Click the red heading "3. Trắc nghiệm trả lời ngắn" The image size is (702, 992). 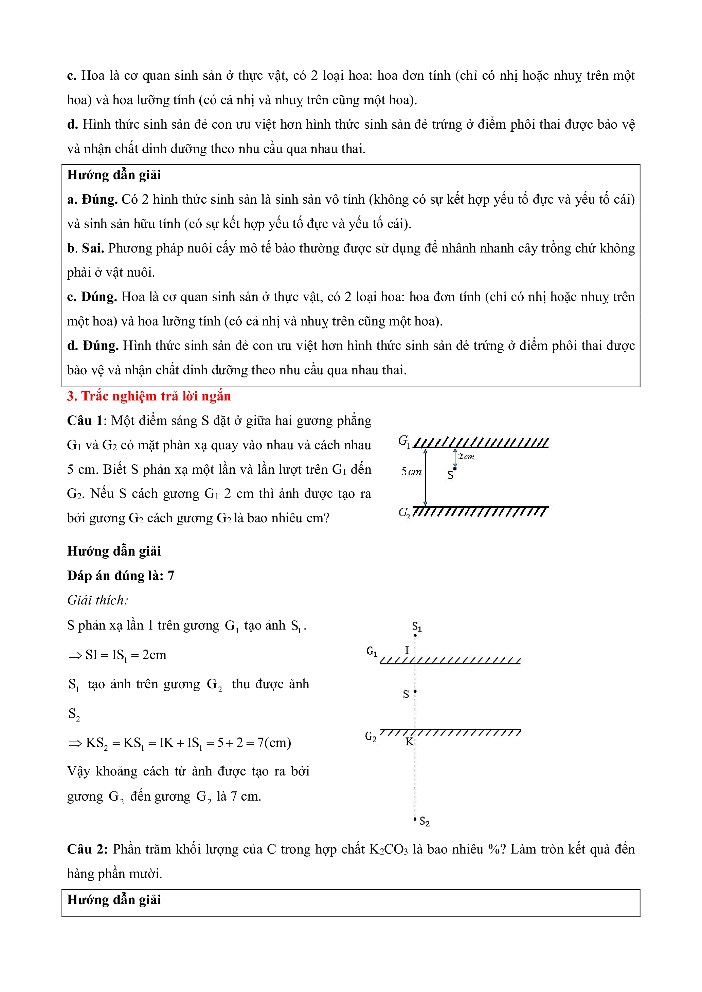(x=149, y=396)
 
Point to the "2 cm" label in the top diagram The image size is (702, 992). (x=466, y=456)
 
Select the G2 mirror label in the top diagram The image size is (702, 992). (x=404, y=512)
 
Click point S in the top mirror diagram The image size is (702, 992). (x=455, y=469)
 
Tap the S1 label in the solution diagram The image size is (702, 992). (x=417, y=627)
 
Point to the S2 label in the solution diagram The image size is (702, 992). (x=425, y=821)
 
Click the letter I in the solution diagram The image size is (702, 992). (x=407, y=650)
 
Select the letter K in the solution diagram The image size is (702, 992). (x=409, y=742)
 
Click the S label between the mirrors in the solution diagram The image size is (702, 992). (x=406, y=694)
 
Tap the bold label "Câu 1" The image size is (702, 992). (x=85, y=421)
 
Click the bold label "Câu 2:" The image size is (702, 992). (x=87, y=849)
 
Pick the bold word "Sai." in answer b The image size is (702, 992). (x=92, y=248)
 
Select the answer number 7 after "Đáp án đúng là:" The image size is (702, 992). (x=171, y=576)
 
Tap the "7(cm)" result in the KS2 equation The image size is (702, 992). (x=274, y=743)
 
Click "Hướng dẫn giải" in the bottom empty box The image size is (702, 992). (x=114, y=900)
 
